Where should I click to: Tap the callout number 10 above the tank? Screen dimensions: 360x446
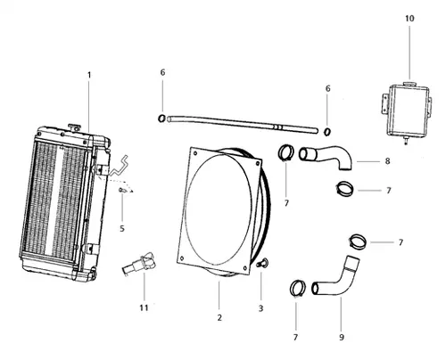409,18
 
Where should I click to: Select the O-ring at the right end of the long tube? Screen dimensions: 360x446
326,133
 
